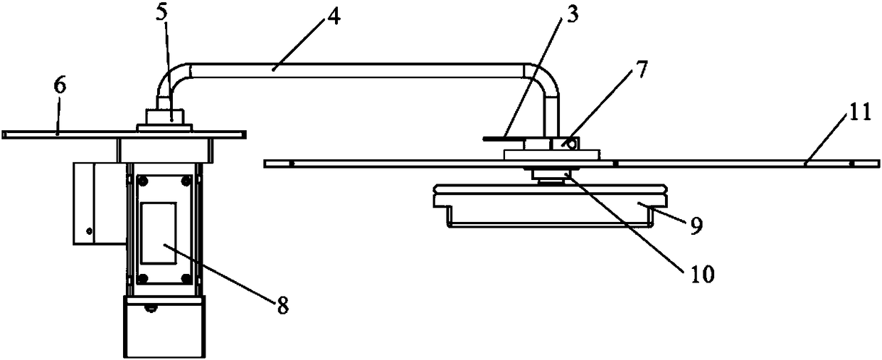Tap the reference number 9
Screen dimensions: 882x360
click(695, 226)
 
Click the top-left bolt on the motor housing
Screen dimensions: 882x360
click(142, 181)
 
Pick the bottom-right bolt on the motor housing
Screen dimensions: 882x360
click(186, 277)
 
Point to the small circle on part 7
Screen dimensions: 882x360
click(570, 143)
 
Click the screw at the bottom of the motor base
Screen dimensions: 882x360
click(149, 307)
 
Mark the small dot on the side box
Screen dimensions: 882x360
click(89, 231)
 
